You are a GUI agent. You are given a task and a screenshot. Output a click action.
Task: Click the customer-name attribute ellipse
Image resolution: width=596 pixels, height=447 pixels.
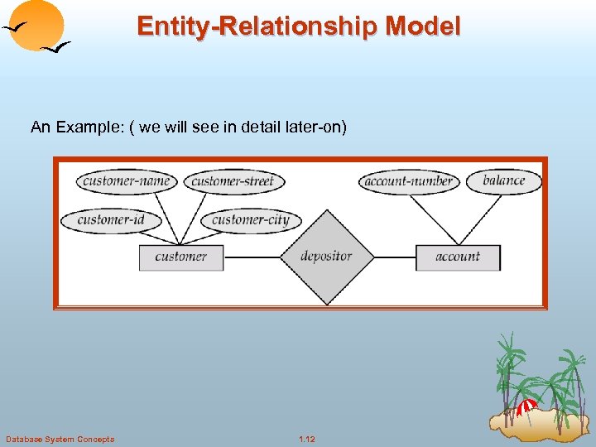pos(126,180)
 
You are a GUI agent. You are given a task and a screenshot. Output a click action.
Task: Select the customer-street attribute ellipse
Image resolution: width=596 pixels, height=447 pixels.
pos(233,180)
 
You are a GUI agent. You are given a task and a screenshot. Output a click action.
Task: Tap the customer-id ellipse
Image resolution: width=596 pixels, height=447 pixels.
pos(110,219)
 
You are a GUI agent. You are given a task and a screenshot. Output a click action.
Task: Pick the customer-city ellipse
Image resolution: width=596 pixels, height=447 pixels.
pos(250,219)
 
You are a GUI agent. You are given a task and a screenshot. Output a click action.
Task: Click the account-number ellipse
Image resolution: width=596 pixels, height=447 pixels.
pos(409,181)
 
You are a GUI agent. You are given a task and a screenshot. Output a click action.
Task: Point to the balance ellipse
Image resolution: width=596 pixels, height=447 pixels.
pos(503,180)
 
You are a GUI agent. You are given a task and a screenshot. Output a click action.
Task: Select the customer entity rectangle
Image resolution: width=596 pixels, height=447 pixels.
pos(181,257)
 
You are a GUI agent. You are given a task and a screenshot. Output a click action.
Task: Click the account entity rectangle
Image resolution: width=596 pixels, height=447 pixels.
pos(458,257)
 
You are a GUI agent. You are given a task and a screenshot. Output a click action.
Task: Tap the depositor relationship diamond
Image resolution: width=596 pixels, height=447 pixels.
pos(326,257)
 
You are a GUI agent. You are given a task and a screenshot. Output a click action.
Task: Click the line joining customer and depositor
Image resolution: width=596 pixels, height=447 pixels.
pos(252,257)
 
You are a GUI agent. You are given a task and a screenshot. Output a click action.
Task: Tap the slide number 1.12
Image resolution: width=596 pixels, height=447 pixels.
pos(307,439)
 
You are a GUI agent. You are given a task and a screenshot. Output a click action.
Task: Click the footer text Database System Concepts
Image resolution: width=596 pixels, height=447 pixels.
pos(60,439)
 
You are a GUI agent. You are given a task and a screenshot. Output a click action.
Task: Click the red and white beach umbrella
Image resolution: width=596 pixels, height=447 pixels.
pos(526,406)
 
